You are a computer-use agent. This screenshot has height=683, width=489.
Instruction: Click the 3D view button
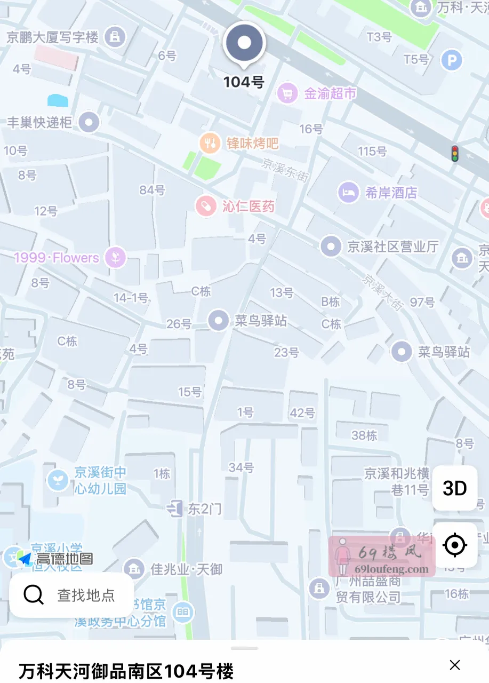coord(454,488)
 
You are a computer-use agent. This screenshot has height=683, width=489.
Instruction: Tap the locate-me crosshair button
coord(454,545)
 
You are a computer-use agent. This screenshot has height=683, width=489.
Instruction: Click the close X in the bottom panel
coord(454,664)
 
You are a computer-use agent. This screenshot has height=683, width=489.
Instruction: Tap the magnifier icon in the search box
coord(34,594)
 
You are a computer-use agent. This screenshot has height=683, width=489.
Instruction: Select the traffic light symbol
coord(454,153)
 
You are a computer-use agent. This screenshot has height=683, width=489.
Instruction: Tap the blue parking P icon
coord(451,60)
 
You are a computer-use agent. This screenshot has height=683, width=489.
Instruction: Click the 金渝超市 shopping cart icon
coord(287,94)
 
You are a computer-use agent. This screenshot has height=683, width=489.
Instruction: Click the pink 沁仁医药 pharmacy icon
coord(205,206)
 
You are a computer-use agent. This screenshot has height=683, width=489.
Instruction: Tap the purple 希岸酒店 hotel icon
coord(348,193)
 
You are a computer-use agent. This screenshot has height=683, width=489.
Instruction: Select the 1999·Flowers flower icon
coord(115,258)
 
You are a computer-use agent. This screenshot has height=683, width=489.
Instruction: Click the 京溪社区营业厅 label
coord(392,247)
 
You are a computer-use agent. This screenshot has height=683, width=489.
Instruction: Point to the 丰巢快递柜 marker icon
coord(89,122)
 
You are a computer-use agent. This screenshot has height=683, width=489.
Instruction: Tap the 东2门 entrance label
coord(204,509)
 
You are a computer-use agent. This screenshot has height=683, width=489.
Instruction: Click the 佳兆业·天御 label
coord(186,569)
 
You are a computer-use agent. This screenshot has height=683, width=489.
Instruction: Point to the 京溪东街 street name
coord(285,170)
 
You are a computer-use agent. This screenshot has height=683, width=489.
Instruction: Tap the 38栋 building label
coord(364,435)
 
